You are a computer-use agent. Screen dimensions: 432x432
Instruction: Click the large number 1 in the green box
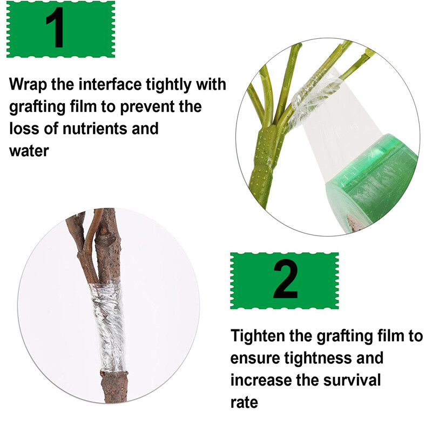tap(56, 28)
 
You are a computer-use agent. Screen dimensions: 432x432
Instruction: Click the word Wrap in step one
tap(28, 85)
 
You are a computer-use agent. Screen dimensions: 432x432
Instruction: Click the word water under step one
tap(29, 151)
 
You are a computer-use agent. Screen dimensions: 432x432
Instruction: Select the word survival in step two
tap(352, 380)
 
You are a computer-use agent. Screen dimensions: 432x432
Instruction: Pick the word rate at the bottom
tap(244, 402)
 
